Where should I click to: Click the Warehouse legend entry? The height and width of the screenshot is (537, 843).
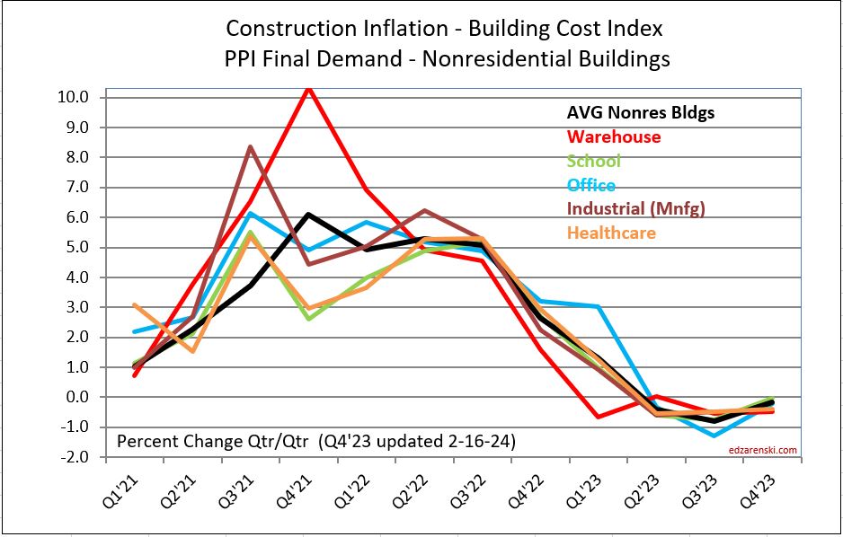pyautogui.click(x=614, y=137)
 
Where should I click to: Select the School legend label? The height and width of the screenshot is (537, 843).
pyautogui.click(x=593, y=162)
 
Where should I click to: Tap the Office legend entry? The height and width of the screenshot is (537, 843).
pyautogui.click(x=591, y=186)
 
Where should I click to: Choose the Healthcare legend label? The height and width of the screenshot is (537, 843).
pyautogui.click(x=611, y=233)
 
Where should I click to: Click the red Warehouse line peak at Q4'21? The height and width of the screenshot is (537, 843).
pyautogui.click(x=308, y=87)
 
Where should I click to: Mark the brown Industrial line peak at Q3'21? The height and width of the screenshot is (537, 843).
pyautogui.click(x=250, y=146)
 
